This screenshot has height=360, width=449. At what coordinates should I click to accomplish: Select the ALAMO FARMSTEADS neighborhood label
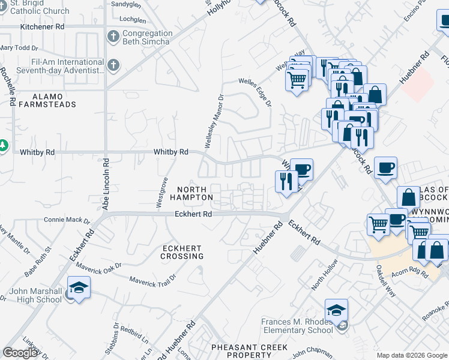46,100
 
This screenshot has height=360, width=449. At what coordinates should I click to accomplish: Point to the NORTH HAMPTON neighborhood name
191,193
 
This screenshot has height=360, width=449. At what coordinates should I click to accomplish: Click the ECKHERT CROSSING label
182,252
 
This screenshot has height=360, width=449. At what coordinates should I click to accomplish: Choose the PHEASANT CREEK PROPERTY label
249,351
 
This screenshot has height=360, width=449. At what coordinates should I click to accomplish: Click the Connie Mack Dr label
62,220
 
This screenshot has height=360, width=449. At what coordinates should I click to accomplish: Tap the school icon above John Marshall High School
79,287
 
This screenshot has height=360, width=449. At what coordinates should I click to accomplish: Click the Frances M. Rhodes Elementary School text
297,326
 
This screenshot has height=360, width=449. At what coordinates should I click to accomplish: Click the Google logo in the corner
20,353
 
